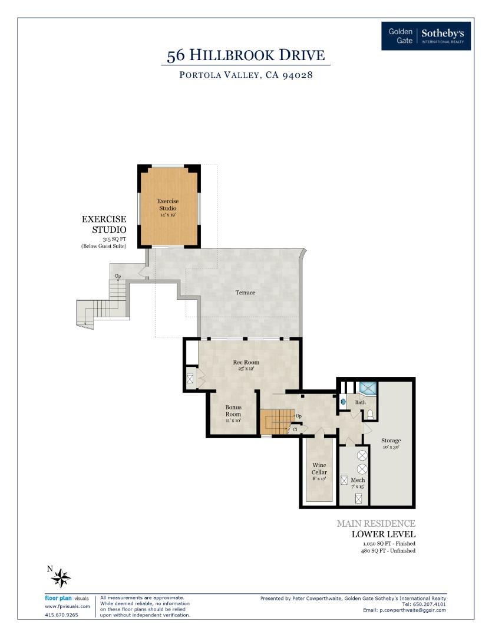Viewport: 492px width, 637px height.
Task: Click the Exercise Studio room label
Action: pos(168,208)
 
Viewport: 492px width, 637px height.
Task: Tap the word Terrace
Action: pos(245,293)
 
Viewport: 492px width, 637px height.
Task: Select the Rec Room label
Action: pos(246,363)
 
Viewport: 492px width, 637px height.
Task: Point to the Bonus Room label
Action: pos(233,411)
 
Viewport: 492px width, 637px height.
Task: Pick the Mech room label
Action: pos(358,480)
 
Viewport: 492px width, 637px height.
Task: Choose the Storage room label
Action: pos(391,441)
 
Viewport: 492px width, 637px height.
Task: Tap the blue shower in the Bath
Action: pos(368,388)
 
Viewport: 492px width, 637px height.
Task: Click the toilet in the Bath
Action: pos(369,414)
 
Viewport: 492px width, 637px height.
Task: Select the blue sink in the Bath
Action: pos(344,401)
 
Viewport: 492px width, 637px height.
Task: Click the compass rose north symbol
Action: pos(60,577)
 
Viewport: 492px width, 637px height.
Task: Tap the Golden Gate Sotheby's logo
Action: pos(426,36)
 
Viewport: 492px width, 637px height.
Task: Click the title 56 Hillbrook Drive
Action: pos(246,55)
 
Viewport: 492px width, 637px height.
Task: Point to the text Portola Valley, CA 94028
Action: pos(246,75)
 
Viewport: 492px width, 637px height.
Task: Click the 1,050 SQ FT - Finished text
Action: pos(388,543)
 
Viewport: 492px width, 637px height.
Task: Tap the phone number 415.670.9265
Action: pos(61,615)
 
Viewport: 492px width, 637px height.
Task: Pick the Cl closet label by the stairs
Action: pos(295,429)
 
